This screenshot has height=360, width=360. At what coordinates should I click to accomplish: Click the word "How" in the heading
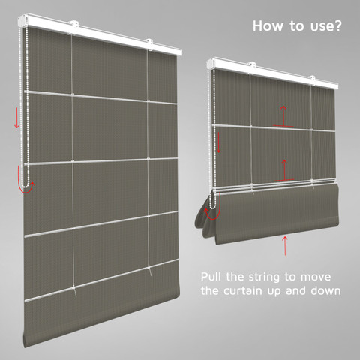tap(268, 25)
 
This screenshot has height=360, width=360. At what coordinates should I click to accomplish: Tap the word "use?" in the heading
tap(325, 26)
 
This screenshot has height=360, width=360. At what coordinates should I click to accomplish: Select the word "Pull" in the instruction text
tap(211, 277)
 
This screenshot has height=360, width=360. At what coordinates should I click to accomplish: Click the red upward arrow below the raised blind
tap(285, 246)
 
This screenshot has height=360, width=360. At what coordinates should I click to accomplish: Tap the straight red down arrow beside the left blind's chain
tap(16, 118)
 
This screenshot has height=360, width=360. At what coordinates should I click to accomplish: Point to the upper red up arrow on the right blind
tap(283, 116)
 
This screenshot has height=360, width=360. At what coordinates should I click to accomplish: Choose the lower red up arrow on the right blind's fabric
tap(284, 170)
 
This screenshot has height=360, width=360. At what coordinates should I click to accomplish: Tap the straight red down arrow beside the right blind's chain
tap(218, 142)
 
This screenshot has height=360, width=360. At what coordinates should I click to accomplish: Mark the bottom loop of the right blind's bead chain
tap(212, 207)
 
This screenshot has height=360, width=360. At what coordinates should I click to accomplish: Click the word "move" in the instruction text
tap(316, 277)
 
